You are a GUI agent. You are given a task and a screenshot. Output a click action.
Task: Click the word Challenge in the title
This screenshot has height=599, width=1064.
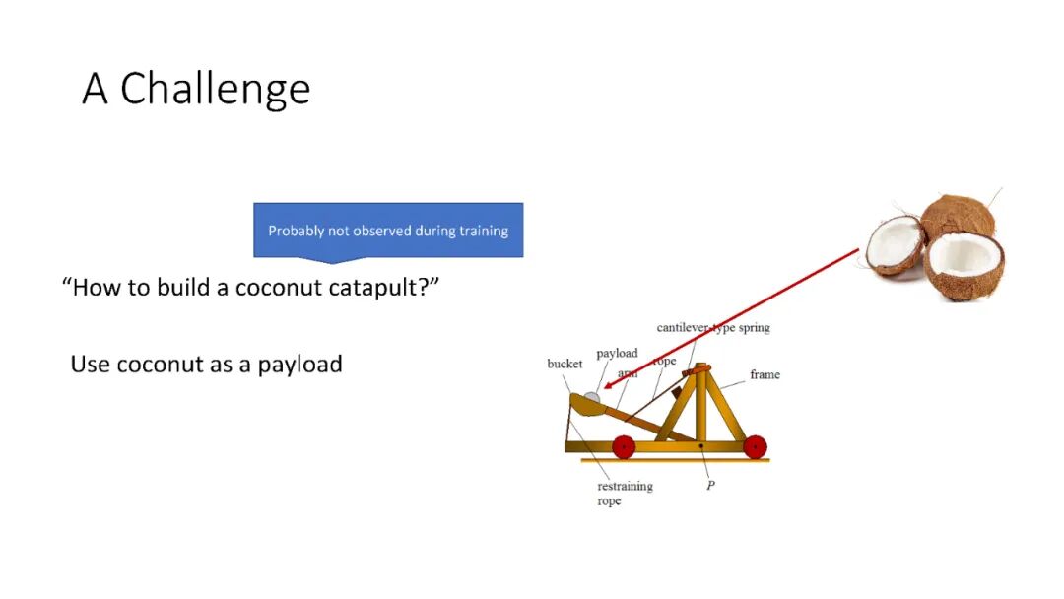pyautogui.click(x=215, y=90)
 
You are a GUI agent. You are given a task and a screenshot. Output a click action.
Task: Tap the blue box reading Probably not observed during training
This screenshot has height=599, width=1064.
pyautogui.click(x=388, y=230)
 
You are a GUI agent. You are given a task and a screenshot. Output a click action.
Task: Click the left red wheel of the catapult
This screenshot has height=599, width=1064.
pyautogui.click(x=624, y=447)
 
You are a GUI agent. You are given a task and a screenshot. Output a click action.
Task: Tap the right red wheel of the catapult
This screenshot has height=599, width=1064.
pyautogui.click(x=756, y=447)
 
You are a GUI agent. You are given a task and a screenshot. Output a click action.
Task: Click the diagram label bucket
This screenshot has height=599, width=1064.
pyautogui.click(x=565, y=364)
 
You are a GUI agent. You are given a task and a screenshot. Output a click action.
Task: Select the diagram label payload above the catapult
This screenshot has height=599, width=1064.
pyautogui.click(x=617, y=354)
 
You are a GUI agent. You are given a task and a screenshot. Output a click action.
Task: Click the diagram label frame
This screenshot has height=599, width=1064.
pyautogui.click(x=765, y=374)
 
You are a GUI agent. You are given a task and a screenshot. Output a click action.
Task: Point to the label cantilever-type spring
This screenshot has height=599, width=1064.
pyautogui.click(x=713, y=328)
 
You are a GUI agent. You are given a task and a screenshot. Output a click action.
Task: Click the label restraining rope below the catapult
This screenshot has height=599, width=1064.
pyautogui.click(x=625, y=494)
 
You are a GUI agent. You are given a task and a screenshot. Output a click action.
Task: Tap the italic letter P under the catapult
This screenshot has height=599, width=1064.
pyautogui.click(x=710, y=485)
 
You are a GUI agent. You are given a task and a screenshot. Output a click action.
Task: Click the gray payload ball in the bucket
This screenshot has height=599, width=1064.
pyautogui.click(x=592, y=398)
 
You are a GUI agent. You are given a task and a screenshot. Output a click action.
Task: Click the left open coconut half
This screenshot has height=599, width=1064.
pyautogui.click(x=895, y=244)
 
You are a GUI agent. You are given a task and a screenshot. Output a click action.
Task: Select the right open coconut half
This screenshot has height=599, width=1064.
pyautogui.click(x=964, y=265)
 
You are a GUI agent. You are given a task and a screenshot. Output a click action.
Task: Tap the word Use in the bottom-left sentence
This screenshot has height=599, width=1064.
pyautogui.click(x=91, y=365)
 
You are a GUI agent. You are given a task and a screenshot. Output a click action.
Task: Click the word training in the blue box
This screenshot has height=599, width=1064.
pyautogui.click(x=484, y=231)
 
